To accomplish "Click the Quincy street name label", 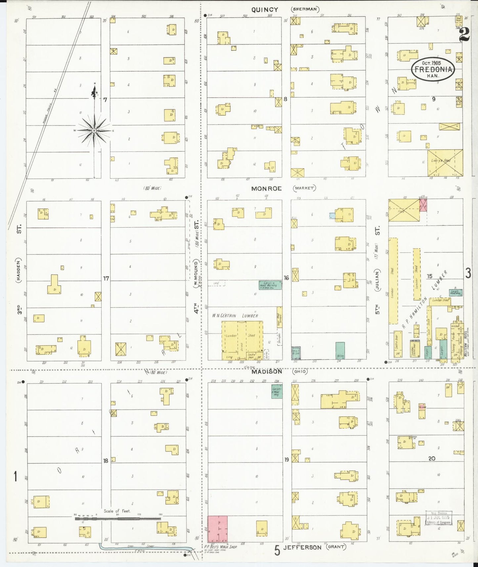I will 265,10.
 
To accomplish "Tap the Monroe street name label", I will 266,189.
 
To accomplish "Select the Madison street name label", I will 267,371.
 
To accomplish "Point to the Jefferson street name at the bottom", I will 302,547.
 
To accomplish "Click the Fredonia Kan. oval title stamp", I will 433,69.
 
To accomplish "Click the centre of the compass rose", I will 94,131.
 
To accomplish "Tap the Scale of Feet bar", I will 118,518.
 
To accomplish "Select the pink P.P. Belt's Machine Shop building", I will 217,529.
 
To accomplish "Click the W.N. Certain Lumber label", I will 235,316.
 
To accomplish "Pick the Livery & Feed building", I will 445,163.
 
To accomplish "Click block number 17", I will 106,279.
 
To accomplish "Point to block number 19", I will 286,459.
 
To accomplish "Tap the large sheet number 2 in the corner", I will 464,34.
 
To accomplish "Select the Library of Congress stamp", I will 438,518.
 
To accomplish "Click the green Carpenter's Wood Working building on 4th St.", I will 270,285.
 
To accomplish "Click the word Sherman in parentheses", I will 305,9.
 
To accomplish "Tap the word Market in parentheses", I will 304,188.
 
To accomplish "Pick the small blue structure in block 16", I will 332,216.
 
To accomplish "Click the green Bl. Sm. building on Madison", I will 340,351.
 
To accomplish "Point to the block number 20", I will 432,458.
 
